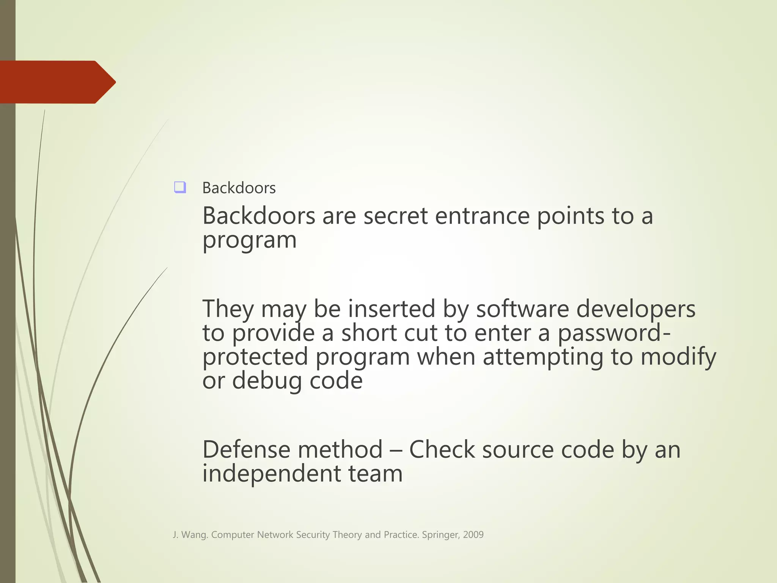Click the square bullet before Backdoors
coord(180,188)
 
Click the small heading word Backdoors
coord(239,188)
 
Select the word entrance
coord(482,216)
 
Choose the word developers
coord(636,309)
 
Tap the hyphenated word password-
coord(614,333)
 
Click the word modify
coord(678,357)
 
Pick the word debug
coord(267,381)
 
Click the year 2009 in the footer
coord(473,535)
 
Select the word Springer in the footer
coord(440,535)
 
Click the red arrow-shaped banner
coord(57,82)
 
